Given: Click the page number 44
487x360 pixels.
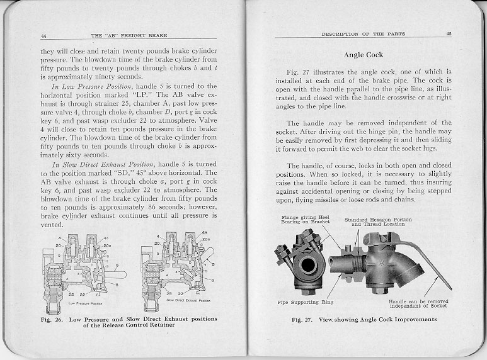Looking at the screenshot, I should pyautogui.click(x=44, y=33).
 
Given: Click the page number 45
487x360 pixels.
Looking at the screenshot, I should pyautogui.click(x=449, y=33).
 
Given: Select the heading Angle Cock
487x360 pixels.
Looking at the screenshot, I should pyautogui.click(x=365, y=55).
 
